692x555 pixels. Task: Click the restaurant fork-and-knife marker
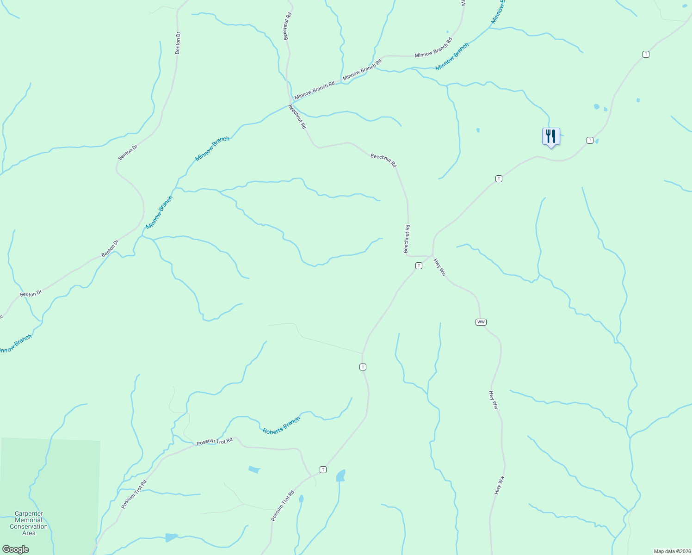tap(550, 136)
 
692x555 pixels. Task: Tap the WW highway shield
tap(481, 322)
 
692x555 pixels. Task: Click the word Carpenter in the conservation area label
tap(29, 514)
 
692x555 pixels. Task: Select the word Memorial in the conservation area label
tap(29, 520)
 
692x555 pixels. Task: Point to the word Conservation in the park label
tap(29, 527)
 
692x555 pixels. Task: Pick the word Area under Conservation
tap(29, 533)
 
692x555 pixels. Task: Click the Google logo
tap(15, 549)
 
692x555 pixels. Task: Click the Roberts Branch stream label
tap(281, 425)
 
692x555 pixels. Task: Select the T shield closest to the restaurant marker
tap(590, 140)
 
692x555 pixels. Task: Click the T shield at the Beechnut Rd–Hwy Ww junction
tap(419, 265)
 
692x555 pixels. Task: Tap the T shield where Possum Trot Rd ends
tap(323, 469)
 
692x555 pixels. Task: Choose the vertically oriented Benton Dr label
tap(178, 43)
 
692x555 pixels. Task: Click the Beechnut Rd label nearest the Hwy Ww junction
tap(407, 239)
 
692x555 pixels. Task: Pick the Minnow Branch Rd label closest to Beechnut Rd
tap(314, 90)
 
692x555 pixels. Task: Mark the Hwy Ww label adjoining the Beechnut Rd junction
tap(439, 267)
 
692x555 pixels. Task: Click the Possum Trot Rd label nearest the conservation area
tap(134, 494)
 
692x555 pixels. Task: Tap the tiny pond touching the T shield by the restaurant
tap(597, 141)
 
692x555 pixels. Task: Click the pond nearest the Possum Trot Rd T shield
tap(341, 475)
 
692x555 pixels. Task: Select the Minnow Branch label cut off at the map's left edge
tap(15, 344)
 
